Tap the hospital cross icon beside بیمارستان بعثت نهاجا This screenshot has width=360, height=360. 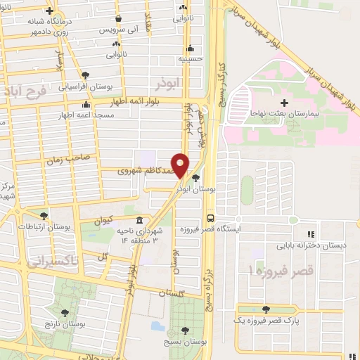[284, 104]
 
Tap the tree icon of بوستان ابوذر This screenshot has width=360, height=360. [195, 178]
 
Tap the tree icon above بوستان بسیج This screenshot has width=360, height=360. [185, 330]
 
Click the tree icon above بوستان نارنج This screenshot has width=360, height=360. [65, 314]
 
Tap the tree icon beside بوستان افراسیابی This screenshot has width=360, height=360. [86, 75]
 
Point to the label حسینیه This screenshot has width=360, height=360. [190, 59]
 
